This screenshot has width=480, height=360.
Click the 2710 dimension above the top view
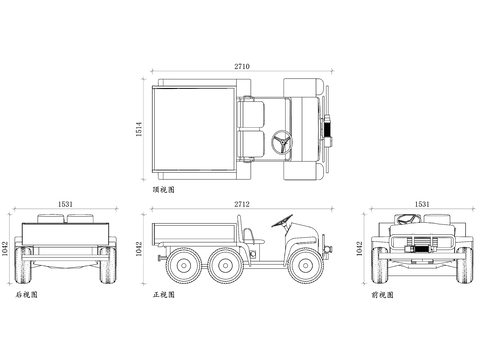(242, 66)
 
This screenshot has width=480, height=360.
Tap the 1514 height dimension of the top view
(139, 129)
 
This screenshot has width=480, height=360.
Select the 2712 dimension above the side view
(242, 204)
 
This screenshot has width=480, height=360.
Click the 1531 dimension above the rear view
(65, 204)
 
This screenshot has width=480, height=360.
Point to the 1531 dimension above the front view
(422, 204)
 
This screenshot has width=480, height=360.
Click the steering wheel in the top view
(282, 142)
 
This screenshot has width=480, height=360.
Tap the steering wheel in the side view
(282, 221)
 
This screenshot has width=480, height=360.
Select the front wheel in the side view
(305, 265)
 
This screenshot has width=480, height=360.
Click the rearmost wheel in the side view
(183, 265)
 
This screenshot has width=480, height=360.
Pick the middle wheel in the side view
(225, 265)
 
